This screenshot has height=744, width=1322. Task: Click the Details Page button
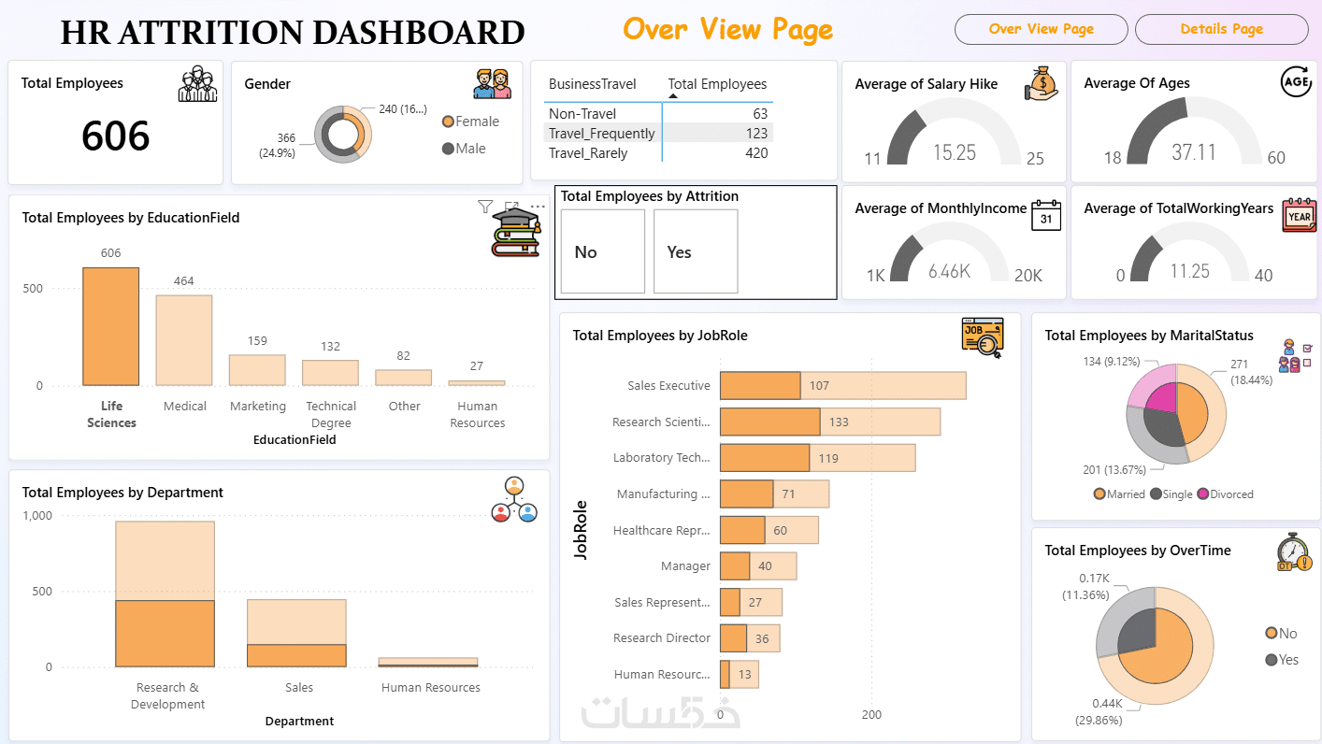click(1221, 29)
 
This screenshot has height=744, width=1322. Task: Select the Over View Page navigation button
click(1041, 29)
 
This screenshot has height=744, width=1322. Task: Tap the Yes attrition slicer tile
click(696, 251)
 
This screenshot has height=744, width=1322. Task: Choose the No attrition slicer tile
click(602, 251)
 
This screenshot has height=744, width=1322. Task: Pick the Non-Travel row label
click(582, 114)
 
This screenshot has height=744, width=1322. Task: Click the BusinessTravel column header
click(592, 84)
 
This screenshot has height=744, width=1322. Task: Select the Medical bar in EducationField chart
click(184, 340)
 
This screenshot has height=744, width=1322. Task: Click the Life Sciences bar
click(110, 327)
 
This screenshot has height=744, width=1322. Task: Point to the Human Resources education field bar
click(477, 382)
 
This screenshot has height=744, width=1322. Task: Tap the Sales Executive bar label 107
click(819, 385)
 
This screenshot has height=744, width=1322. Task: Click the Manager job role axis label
click(685, 565)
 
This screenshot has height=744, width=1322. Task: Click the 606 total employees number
click(115, 136)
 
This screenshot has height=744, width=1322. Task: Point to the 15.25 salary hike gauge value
click(954, 152)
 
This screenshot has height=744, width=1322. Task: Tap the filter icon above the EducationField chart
click(485, 207)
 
